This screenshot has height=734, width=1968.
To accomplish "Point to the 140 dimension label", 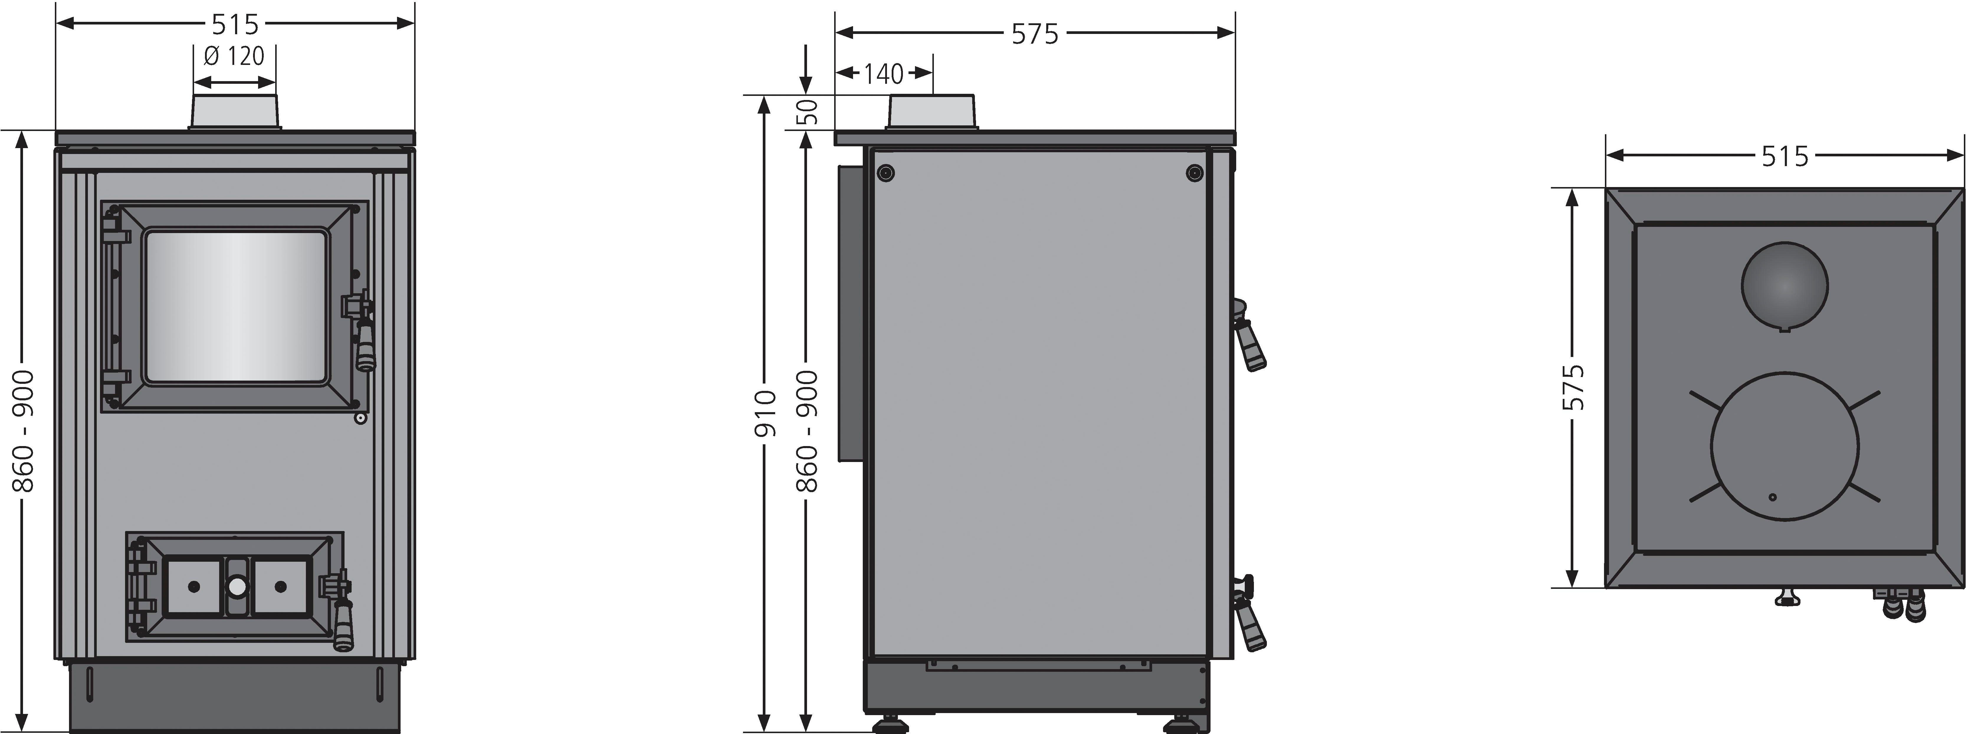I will pos(884,74).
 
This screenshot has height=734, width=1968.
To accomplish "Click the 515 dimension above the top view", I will pos(1785,157).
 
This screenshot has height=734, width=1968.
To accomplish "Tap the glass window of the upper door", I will pos(236,306).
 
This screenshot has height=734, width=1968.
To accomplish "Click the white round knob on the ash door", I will pos(237,586).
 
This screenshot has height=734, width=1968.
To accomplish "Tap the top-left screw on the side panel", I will pos(885,173).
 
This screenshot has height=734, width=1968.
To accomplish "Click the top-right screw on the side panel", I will pos(1194,173).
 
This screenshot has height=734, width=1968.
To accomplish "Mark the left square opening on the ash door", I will pos(194,586).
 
